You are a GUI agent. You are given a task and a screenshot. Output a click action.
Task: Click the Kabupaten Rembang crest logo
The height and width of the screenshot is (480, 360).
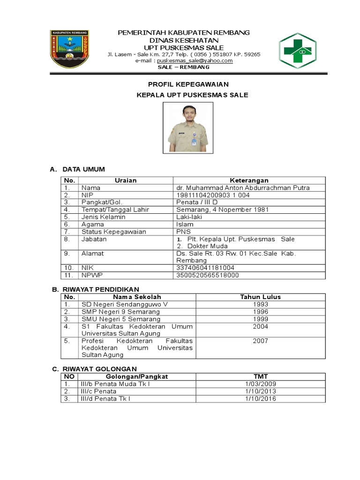(72, 49)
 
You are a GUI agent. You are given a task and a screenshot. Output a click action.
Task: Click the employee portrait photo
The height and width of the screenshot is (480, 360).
(187, 127)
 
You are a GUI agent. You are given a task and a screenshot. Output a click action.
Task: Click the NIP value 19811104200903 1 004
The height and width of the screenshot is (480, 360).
(213, 195)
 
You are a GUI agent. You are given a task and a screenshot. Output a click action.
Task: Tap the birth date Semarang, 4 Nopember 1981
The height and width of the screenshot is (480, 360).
(222, 210)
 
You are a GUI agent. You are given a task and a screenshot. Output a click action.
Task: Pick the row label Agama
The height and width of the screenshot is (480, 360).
(93, 224)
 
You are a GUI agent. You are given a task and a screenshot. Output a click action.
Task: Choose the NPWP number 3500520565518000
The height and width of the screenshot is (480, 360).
(207, 275)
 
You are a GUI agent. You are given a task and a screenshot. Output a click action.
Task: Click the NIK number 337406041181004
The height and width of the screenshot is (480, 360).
(205, 268)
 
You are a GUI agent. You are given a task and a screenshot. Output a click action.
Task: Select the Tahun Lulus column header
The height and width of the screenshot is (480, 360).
(260, 297)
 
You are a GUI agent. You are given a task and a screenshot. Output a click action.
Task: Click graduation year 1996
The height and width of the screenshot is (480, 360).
(260, 312)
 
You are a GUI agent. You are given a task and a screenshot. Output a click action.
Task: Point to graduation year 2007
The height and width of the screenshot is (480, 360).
(260, 341)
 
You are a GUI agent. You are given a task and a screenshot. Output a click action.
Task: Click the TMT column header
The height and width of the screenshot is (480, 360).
(260, 376)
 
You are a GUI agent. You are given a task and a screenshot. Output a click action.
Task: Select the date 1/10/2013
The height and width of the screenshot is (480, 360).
(260, 391)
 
